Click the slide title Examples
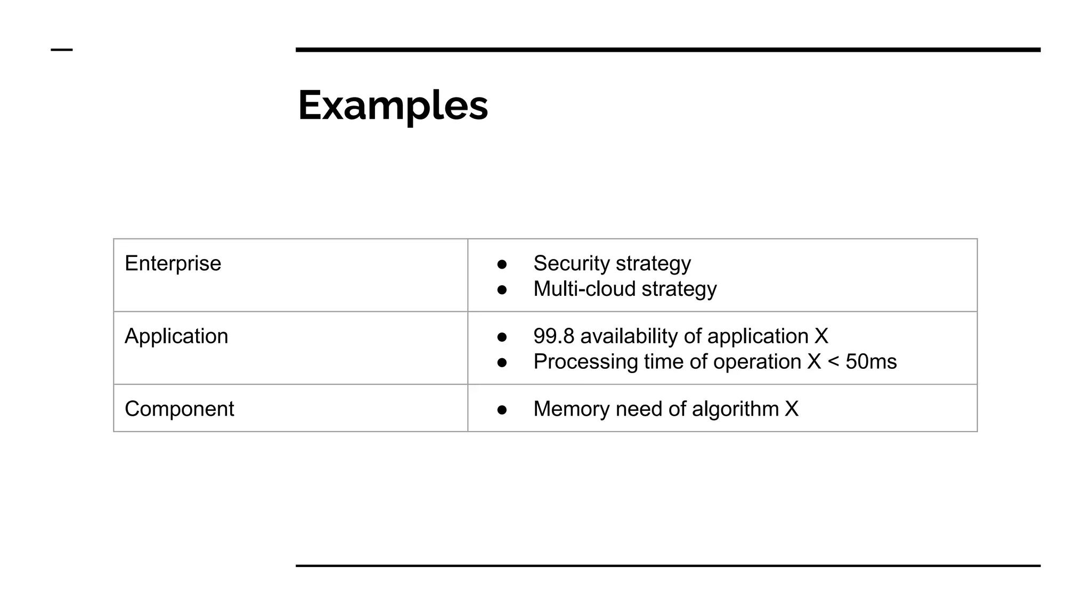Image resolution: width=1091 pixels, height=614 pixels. [393, 106]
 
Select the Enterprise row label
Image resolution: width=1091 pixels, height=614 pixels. [173, 263]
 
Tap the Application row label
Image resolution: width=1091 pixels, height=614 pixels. [176, 336]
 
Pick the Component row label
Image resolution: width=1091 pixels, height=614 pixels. [179, 409]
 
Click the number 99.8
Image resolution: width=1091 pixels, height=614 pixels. [553, 336]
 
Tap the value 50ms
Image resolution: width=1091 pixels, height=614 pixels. [871, 362]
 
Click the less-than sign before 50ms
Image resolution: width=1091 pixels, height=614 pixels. [833, 362]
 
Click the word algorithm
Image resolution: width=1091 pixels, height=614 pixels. [735, 409]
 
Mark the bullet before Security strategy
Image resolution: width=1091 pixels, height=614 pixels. [502, 264]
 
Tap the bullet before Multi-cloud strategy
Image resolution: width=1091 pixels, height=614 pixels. [502, 290]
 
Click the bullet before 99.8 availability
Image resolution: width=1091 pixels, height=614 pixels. [502, 337]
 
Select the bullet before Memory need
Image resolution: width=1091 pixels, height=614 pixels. [502, 410]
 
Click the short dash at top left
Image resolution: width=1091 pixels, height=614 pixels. [62, 50]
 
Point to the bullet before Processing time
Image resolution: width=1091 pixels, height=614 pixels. [502, 363]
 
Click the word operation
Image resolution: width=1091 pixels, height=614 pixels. [757, 362]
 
